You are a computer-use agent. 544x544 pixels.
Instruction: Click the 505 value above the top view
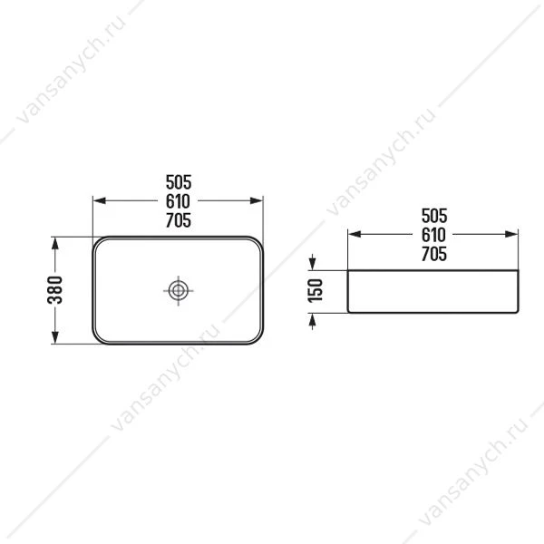click(179, 182)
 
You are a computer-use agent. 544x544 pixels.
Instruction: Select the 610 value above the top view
click(178, 201)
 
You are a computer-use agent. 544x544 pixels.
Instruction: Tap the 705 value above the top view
click(179, 220)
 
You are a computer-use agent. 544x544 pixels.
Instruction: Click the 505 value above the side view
click(434, 216)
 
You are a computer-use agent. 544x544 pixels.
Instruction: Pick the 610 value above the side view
click(433, 235)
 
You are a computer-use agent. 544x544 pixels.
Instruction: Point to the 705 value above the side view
click(434, 254)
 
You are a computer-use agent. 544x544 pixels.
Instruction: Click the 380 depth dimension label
click(54, 290)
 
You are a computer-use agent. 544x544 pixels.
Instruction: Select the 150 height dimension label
click(316, 291)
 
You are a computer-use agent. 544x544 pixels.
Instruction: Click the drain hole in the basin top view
click(179, 291)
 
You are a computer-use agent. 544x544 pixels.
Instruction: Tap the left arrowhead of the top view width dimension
click(99, 200)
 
